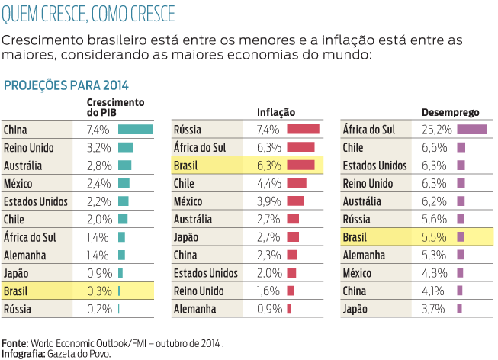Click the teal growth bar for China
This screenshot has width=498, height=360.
[x=135, y=130]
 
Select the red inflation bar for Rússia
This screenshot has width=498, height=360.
[x=303, y=130]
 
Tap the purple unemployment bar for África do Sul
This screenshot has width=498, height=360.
[x=471, y=130]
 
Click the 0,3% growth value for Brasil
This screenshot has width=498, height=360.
[x=98, y=291]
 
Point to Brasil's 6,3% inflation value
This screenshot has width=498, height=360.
[x=269, y=166]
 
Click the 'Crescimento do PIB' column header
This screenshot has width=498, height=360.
[x=115, y=107]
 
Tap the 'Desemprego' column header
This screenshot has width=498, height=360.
[x=445, y=112]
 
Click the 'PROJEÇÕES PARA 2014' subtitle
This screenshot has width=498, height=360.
[x=66, y=85]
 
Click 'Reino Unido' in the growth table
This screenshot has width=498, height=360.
[x=29, y=148]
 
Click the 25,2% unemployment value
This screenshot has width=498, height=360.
[x=437, y=130]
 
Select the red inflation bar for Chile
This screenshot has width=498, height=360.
[x=297, y=183]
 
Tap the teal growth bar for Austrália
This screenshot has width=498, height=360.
[x=124, y=166]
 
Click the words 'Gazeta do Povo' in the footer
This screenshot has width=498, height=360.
[x=79, y=353]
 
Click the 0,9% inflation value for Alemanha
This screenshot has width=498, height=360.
[x=269, y=309]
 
